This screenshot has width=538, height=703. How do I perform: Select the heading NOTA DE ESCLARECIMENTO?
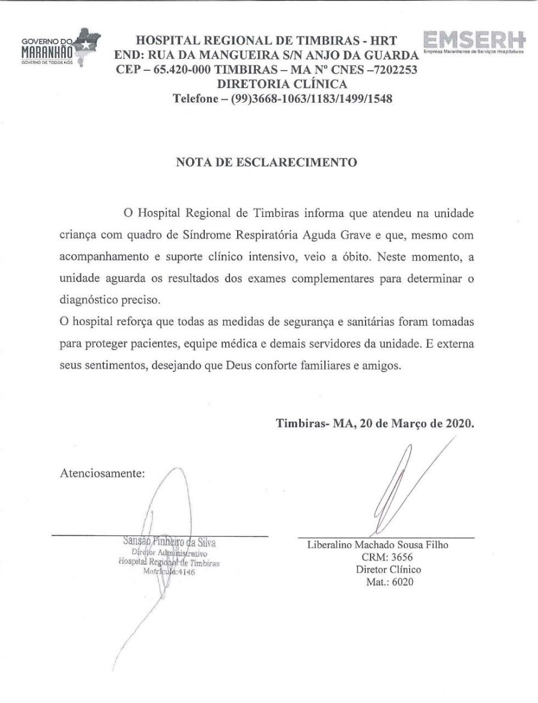coord(266,162)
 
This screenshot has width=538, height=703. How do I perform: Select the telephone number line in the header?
coord(282,99)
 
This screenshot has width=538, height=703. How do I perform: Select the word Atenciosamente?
coord(103,473)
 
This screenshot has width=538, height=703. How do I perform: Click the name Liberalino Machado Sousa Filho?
coord(378,545)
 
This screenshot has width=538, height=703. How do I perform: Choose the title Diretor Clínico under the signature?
coord(388,570)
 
